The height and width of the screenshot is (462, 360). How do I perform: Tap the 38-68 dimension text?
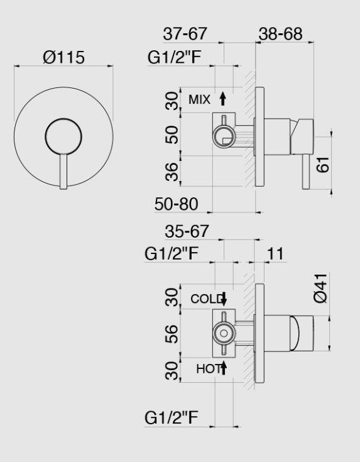tap(281, 33)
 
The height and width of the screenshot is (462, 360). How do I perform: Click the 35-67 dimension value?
tap(187, 231)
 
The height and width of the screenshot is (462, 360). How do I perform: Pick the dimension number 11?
tap(275, 253)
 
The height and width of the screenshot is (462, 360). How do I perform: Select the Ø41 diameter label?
tap(320, 288)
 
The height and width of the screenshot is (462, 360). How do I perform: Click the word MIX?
tap(199, 99)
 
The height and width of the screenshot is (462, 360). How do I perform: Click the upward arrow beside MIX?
tap(222, 98)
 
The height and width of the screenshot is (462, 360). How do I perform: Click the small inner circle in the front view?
tap(63, 135)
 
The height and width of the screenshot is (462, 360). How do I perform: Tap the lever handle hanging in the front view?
tap(63, 171)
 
